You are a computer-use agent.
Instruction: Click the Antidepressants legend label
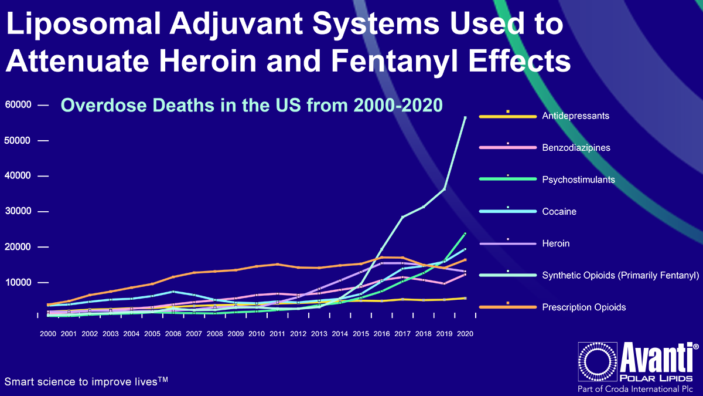coord(575,116)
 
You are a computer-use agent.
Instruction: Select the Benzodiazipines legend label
coord(576,147)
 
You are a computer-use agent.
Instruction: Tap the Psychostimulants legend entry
coord(578,180)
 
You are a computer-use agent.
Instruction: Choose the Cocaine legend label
coord(559,211)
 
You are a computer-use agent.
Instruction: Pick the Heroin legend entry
coord(555,243)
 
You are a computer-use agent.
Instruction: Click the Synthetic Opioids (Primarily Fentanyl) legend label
coord(620,275)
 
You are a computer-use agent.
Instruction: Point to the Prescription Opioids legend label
coord(583,307)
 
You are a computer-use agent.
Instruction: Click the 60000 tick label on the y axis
coord(18,105)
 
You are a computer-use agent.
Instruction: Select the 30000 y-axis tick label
coord(18,211)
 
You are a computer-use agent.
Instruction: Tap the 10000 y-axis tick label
coord(18,282)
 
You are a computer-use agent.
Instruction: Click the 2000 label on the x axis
coord(48,333)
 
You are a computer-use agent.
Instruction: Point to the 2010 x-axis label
coord(257,333)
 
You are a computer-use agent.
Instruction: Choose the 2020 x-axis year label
coord(465,333)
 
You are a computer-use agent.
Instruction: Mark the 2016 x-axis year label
coord(381,333)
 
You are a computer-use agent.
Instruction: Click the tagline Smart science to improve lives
coord(86,381)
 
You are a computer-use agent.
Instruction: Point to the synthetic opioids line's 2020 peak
coord(465,117)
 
